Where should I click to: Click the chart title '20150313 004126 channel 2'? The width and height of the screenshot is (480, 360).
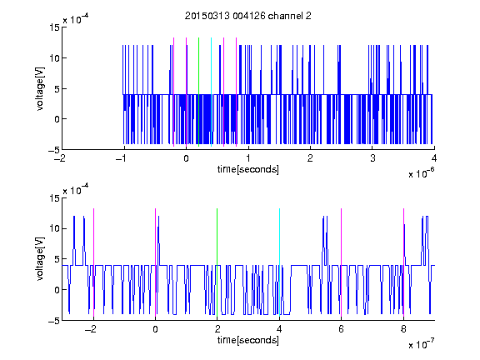tap(248, 16)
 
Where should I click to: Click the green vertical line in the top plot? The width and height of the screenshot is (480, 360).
tap(198, 92)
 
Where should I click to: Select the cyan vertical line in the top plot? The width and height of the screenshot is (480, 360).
tap(211, 92)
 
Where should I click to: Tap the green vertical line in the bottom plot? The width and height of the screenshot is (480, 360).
tap(217, 262)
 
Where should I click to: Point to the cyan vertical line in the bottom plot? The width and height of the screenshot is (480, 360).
tap(279, 262)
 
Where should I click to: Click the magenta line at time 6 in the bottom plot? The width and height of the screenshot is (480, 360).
tap(342, 262)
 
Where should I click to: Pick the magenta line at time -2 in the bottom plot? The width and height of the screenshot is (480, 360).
tap(93, 262)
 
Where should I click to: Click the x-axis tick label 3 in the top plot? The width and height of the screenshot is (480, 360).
tap(372, 158)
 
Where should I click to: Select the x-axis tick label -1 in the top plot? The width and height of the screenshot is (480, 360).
tap(122, 158)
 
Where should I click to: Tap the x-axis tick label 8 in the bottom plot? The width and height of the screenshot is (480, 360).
tap(403, 329)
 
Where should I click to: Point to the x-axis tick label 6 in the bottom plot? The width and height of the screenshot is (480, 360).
tap(342, 329)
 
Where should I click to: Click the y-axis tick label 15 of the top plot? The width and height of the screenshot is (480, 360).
tap(54, 27)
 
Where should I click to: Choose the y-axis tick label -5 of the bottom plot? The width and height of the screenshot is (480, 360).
tap(53, 321)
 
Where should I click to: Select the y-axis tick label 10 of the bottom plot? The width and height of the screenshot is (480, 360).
tap(54, 228)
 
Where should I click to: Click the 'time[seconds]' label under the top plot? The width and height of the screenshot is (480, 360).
tap(248, 169)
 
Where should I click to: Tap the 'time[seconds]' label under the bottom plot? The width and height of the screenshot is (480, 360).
tap(248, 340)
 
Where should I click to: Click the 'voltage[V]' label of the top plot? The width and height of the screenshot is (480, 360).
tap(40, 89)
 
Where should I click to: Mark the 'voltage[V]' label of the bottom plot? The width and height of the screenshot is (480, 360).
tap(40, 259)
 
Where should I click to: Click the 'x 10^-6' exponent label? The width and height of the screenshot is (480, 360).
tap(421, 173)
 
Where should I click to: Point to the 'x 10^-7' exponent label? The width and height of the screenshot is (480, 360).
tap(421, 344)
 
